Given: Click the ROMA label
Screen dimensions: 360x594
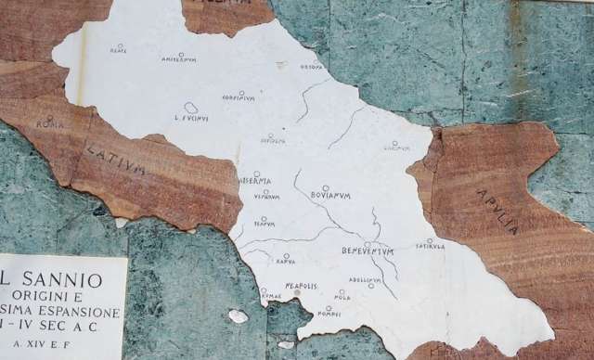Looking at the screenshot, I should (x=50, y=124).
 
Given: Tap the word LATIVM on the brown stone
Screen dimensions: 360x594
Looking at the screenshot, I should (x=116, y=160).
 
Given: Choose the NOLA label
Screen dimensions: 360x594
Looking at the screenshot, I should (x=342, y=298).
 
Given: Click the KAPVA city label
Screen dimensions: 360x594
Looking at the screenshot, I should (x=286, y=263).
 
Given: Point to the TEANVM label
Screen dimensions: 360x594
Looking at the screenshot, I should (x=265, y=225).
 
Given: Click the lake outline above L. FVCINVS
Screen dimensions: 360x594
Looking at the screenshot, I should (x=190, y=108).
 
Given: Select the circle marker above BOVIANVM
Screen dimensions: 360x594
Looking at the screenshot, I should (x=326, y=187).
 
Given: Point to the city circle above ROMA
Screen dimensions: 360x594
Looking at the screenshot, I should (x=50, y=117).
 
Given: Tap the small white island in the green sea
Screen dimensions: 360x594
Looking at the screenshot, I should (x=239, y=316).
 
